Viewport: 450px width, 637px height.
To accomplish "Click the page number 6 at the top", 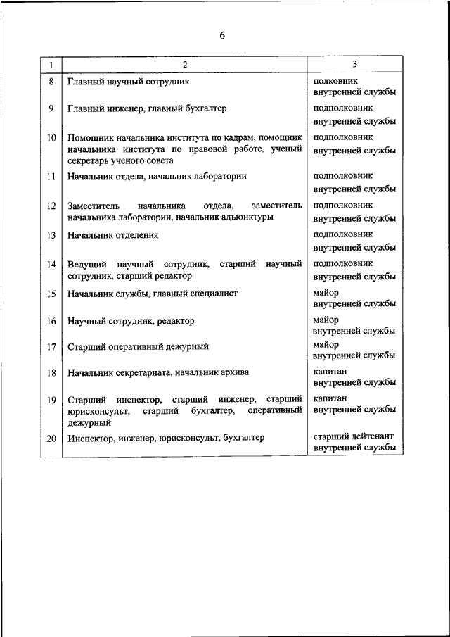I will click(222, 36).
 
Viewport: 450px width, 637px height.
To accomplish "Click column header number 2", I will click(184, 65).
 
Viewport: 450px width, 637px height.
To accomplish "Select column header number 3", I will click(355, 65).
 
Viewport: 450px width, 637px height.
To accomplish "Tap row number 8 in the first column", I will click(51, 82).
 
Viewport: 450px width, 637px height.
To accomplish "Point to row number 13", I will click(51, 235).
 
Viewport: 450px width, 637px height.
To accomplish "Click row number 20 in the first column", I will click(51, 438).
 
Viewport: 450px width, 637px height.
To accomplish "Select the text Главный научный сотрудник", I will click(129, 82).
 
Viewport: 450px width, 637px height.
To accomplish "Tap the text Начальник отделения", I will click(113, 235).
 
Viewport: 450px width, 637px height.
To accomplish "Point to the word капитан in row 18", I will click(330, 370).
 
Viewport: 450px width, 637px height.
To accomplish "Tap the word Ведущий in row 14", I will click(86, 264).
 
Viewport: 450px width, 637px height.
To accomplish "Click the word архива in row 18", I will click(236, 372).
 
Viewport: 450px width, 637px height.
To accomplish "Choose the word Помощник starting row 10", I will click(90, 137).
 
